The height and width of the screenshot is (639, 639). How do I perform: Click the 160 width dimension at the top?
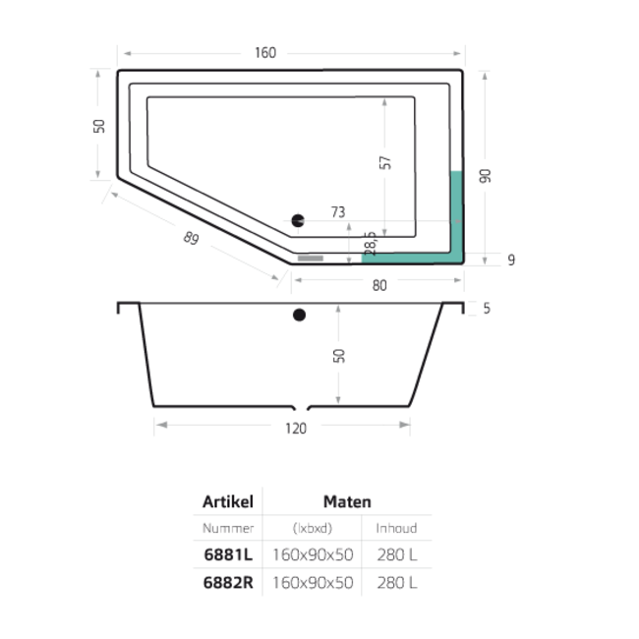(x=263, y=52)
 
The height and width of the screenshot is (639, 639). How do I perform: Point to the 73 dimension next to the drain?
(x=338, y=211)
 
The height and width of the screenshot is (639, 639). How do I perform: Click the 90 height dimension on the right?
(x=485, y=176)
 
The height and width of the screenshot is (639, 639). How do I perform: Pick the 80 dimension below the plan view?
(x=379, y=285)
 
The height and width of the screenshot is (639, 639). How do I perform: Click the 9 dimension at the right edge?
(x=511, y=260)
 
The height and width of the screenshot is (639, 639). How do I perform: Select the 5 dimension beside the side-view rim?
(x=487, y=309)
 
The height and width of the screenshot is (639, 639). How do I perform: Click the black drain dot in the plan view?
(x=299, y=222)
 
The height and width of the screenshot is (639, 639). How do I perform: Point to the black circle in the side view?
(x=299, y=316)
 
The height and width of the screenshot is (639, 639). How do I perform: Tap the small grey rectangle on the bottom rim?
(x=311, y=260)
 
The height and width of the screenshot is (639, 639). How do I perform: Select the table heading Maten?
(x=347, y=501)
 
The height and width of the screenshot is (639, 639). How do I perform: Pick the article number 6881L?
(x=228, y=554)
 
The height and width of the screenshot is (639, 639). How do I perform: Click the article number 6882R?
(x=228, y=581)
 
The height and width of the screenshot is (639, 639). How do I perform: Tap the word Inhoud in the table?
(x=396, y=528)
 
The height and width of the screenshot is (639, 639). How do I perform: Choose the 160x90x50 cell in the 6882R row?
(x=313, y=581)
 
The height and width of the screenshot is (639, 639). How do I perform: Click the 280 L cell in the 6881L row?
(x=397, y=554)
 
